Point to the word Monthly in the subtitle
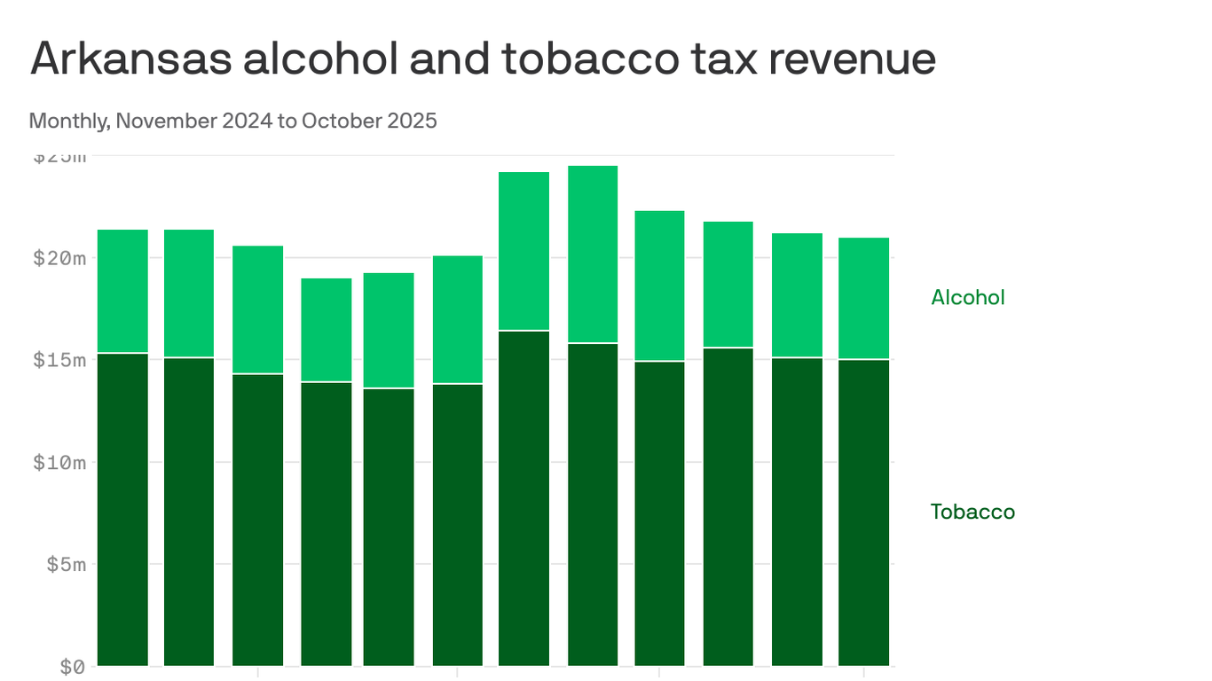68,121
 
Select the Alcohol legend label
967,298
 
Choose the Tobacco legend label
972,512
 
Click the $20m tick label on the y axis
59,258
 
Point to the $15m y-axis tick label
59,360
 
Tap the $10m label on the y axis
59,462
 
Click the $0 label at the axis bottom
72,666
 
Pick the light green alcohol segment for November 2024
122,291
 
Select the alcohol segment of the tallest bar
593,254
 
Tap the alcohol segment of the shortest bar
326,330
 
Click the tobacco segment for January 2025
257,520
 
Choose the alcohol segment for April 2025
457,319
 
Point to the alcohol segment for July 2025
659,286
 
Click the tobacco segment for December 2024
189,512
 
